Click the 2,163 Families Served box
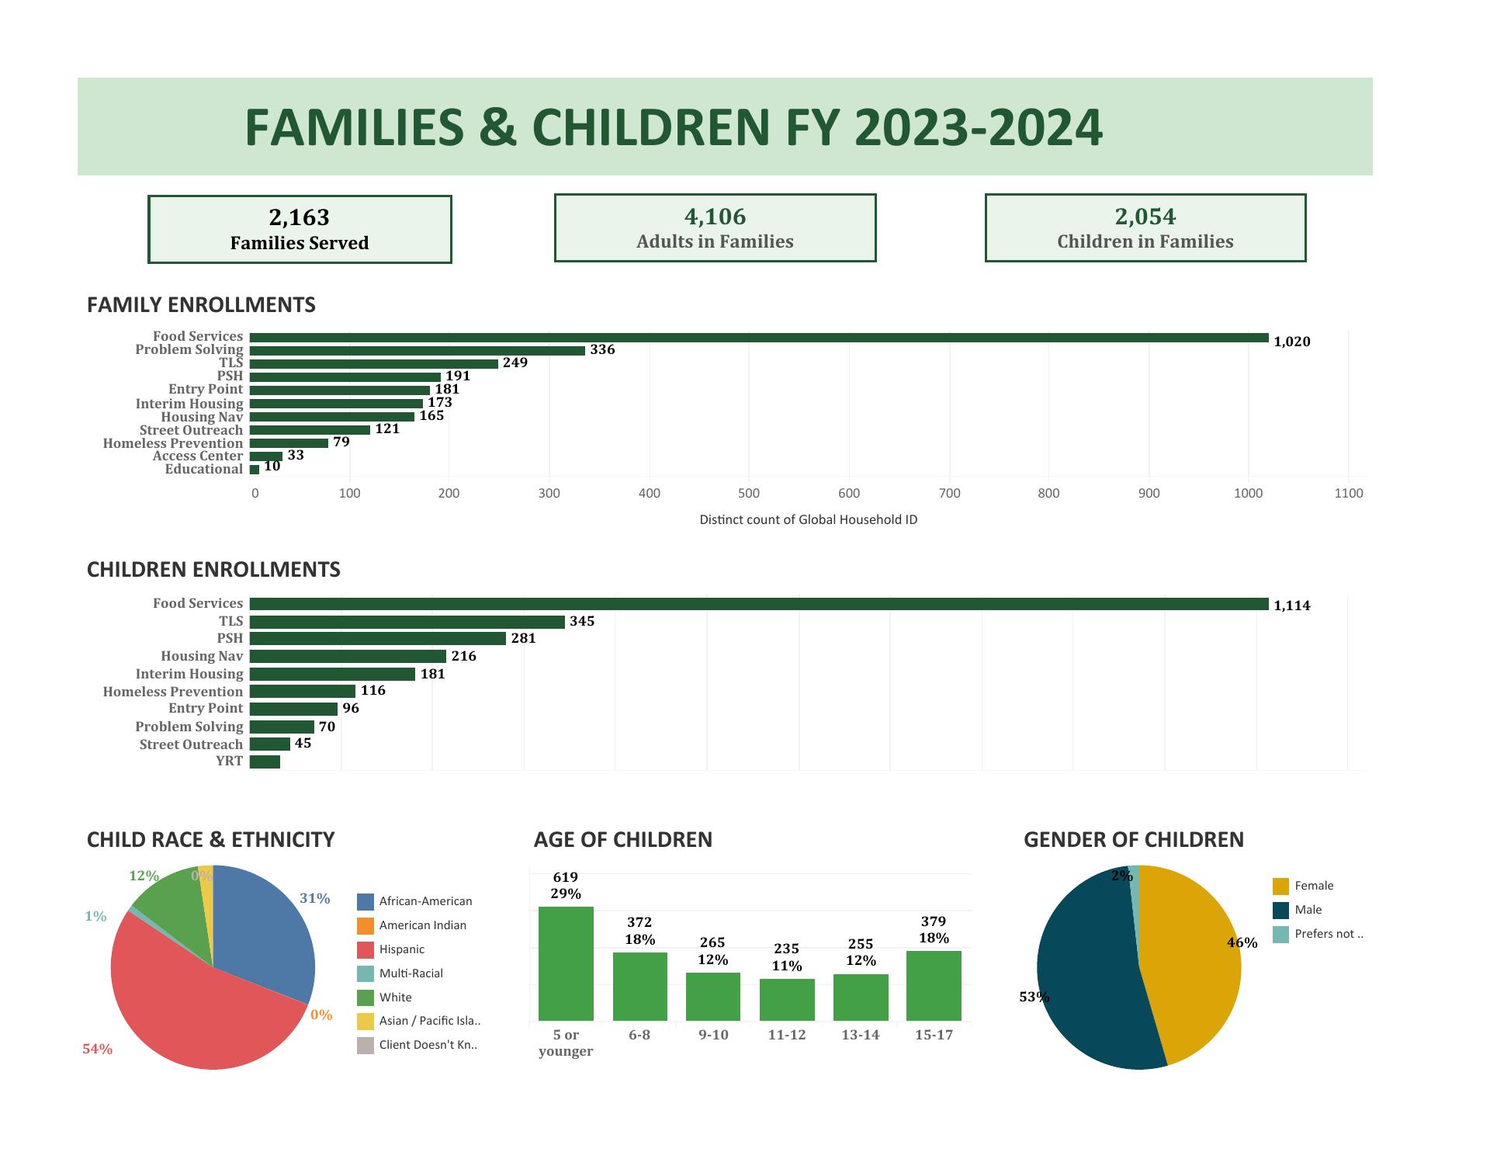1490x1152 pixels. click(300, 229)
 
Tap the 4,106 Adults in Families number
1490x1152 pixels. click(715, 217)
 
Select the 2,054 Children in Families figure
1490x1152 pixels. click(1145, 217)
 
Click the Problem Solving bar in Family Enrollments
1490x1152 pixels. click(417, 351)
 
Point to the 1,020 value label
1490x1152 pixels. click(1291, 342)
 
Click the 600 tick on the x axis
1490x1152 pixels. click(849, 493)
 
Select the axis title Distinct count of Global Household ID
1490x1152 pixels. click(808, 519)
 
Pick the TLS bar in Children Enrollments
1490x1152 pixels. click(407, 622)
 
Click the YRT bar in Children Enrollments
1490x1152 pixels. click(265, 762)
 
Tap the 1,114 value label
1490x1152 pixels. click(1291, 605)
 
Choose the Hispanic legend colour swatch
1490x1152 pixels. click(366, 949)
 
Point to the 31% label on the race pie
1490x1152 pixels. click(314, 898)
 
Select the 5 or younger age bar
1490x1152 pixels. click(566, 963)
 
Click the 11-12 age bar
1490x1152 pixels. click(787, 1000)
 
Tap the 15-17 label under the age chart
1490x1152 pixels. click(934, 1035)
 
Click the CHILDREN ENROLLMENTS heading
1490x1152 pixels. click(213, 570)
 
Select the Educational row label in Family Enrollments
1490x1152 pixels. click(204, 469)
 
